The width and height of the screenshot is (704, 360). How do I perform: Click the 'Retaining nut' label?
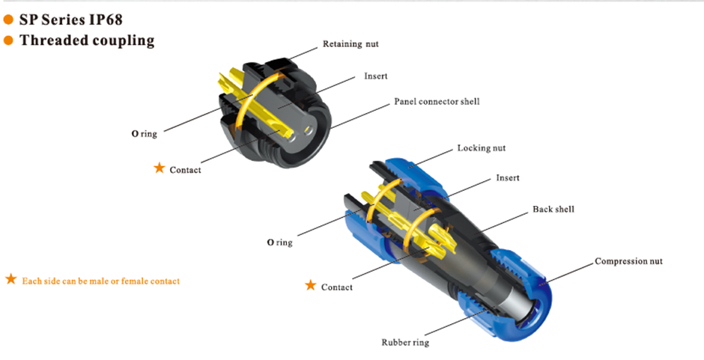(350, 44)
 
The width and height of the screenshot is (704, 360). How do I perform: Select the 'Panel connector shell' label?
(437, 101)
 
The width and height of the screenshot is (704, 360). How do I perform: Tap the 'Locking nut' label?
(481, 148)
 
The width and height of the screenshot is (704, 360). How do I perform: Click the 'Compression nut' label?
(628, 261)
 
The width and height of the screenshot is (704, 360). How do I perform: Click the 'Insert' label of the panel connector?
(375, 76)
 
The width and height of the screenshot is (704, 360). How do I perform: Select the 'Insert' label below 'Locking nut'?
(507, 178)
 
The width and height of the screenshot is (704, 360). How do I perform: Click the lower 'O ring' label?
(279, 242)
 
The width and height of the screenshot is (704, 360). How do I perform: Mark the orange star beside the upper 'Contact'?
(159, 168)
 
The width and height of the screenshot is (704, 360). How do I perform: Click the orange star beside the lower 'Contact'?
(310, 285)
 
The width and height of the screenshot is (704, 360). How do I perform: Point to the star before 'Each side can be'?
(10, 279)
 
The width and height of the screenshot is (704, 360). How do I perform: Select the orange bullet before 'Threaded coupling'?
(9, 40)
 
